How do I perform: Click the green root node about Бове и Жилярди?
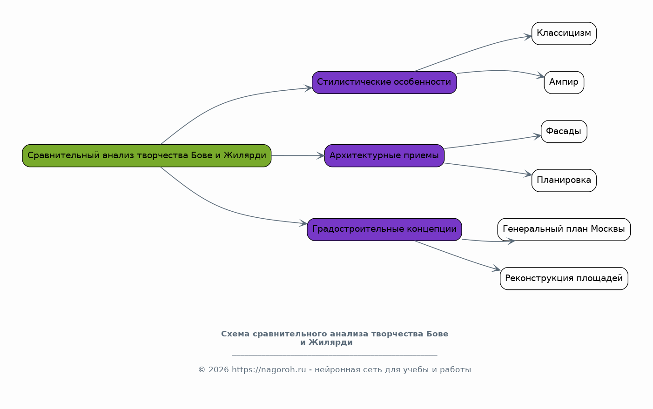click(x=147, y=156)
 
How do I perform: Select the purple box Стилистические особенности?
click(x=384, y=82)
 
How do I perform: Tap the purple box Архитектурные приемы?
click(x=384, y=156)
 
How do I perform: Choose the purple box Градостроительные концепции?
click(x=384, y=229)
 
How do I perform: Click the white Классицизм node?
click(x=564, y=34)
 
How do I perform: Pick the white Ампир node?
click(x=564, y=82)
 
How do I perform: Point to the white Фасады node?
click(x=564, y=132)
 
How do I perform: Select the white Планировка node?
click(x=564, y=181)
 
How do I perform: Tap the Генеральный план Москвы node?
click(x=564, y=229)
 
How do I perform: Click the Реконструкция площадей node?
click(x=564, y=278)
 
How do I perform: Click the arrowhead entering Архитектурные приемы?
click(x=321, y=156)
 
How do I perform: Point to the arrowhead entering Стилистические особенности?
click(x=309, y=88)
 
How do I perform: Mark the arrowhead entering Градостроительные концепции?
click(x=303, y=223)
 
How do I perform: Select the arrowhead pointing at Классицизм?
click(x=528, y=37)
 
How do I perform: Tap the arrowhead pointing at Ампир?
click(x=540, y=76)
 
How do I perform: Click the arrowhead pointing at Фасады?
click(x=537, y=136)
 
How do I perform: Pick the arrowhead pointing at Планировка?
click(x=528, y=174)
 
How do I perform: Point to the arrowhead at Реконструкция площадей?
click(x=497, y=269)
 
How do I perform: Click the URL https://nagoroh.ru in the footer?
click(x=269, y=369)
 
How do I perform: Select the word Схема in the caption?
click(x=235, y=334)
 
